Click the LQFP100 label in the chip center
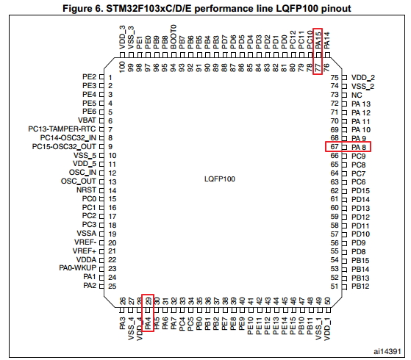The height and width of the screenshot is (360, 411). tap(220, 179)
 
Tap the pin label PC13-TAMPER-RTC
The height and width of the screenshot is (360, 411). tap(62, 129)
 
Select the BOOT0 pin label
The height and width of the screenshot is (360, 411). tap(174, 37)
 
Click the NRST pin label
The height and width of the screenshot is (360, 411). tap(86, 190)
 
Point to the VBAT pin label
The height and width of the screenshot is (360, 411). tap(87, 120)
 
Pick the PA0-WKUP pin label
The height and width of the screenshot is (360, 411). tap(78, 268)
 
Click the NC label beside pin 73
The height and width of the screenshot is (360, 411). tap(357, 95)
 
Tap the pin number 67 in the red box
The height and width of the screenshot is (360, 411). tap(335, 146)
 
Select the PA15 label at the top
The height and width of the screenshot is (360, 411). tap(318, 40)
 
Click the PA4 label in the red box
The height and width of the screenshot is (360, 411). tap(148, 323)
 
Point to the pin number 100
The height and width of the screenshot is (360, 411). tap(122, 67)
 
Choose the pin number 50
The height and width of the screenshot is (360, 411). tap(327, 300)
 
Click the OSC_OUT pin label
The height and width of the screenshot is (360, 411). tap(79, 181)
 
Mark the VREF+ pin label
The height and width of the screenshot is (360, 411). tap(85, 251)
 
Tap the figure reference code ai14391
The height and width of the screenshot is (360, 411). tap(387, 351)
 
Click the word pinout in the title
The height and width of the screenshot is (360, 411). tap(336, 9)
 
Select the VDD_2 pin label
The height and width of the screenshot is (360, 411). tap(363, 78)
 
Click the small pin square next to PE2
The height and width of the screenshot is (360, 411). tap(101, 78)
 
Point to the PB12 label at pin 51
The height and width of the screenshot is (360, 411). tap(360, 286)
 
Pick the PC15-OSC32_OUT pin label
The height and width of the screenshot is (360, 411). tap(64, 147)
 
